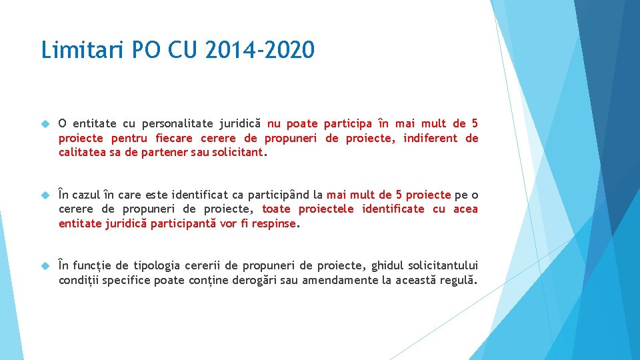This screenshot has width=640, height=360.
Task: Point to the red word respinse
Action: (x=273, y=224)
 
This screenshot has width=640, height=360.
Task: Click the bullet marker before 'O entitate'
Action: (x=45, y=124)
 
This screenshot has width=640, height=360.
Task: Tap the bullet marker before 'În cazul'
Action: (x=45, y=195)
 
